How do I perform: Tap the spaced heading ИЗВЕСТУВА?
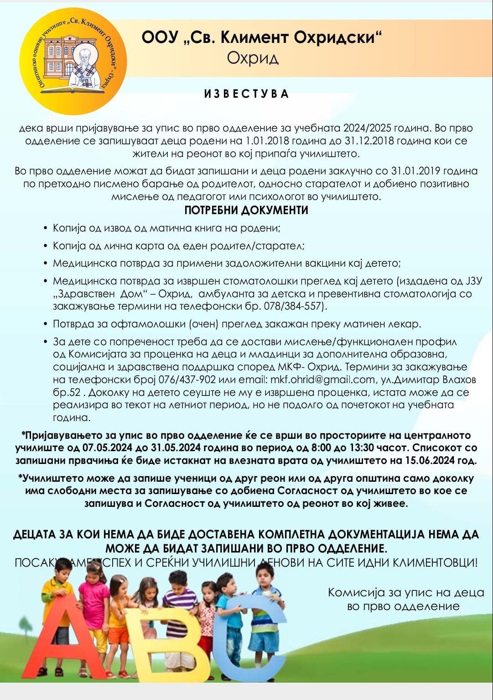click(246, 94)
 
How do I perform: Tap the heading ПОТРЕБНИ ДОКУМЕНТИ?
click(246, 211)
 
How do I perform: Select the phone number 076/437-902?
click(187, 379)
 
